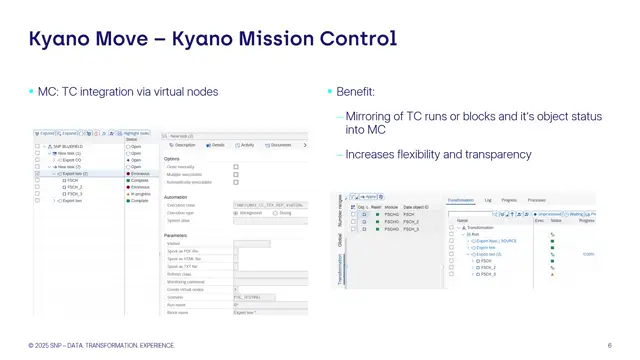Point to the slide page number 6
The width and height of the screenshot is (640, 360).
click(609, 346)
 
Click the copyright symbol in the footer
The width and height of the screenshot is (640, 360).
click(31, 346)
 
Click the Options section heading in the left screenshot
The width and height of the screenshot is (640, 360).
click(172, 159)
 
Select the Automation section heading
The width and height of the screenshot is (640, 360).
click(176, 197)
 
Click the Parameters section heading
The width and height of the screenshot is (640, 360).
click(176, 235)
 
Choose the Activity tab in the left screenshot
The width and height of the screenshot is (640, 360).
click(245, 145)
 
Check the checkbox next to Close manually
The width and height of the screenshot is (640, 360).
click(236, 167)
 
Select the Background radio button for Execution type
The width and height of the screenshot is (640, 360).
click(236, 213)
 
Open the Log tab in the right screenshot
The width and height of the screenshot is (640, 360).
click(488, 200)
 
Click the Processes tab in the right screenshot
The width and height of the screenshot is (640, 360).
click(536, 200)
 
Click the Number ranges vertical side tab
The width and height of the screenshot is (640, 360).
click(340, 210)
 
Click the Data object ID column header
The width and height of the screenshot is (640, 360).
click(416, 207)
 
